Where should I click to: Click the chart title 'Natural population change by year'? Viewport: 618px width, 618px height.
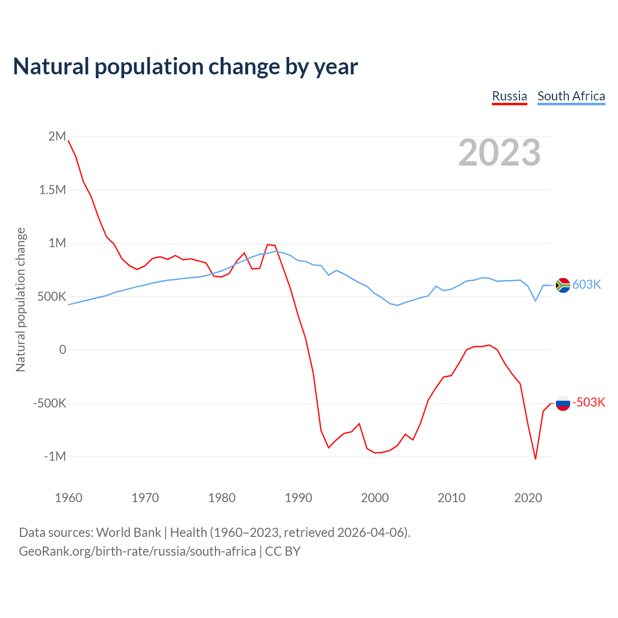[x=185, y=67]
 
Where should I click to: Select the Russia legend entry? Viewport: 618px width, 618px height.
[x=509, y=96]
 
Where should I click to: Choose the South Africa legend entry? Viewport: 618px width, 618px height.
[x=571, y=96]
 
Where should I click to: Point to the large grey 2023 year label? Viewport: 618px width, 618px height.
[x=499, y=153]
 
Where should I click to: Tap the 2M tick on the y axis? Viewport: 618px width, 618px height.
[x=57, y=137]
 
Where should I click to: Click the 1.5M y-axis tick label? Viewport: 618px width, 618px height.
[x=53, y=190]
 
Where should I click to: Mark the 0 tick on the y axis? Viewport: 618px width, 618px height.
[x=62, y=350]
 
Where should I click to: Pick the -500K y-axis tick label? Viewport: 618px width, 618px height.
[x=50, y=403]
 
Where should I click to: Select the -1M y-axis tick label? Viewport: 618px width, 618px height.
[x=55, y=457]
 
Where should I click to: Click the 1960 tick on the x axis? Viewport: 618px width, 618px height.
[x=69, y=498]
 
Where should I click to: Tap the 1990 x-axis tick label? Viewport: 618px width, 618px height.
[x=298, y=498]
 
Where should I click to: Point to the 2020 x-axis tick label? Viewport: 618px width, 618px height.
[x=528, y=498]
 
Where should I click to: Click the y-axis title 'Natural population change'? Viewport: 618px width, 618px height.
[x=20, y=299]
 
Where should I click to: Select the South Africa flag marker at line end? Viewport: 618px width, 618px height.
[x=563, y=285]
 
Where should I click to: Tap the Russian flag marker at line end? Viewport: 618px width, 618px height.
[x=563, y=403]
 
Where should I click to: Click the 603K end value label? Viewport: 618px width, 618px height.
[x=587, y=285]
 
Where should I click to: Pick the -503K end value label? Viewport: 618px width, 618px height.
[x=589, y=403]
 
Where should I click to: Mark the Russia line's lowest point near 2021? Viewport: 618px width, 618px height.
[x=535, y=459]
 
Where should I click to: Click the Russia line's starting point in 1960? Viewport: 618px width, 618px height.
[x=69, y=140]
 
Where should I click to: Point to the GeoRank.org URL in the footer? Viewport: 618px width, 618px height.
[x=137, y=551]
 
